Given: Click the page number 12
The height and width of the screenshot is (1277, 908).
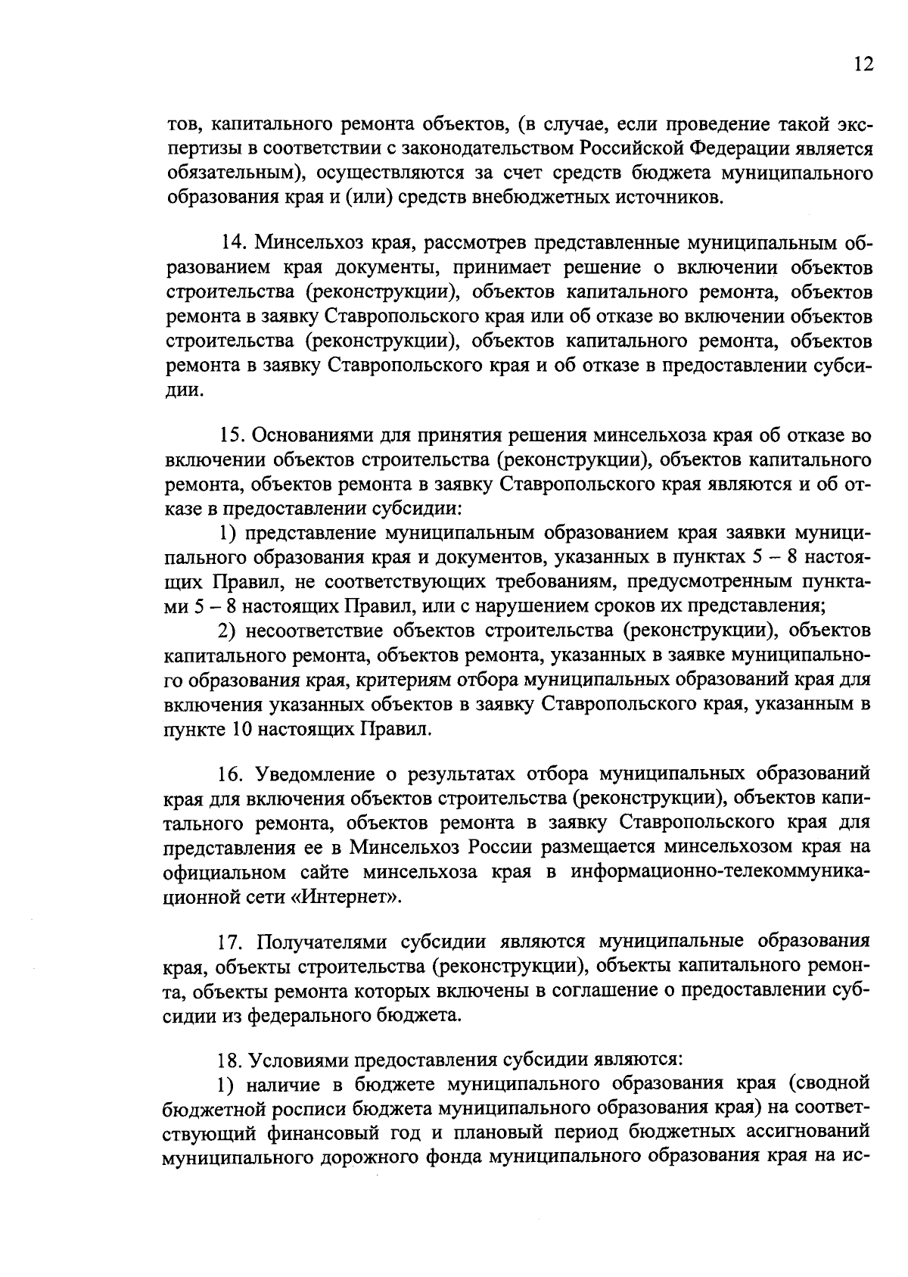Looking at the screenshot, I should [x=863, y=64].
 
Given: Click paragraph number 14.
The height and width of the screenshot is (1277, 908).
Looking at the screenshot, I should [x=232, y=243].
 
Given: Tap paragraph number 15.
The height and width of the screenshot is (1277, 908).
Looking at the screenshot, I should [x=232, y=435].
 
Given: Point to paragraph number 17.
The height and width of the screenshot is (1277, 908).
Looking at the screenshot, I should [x=231, y=942].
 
